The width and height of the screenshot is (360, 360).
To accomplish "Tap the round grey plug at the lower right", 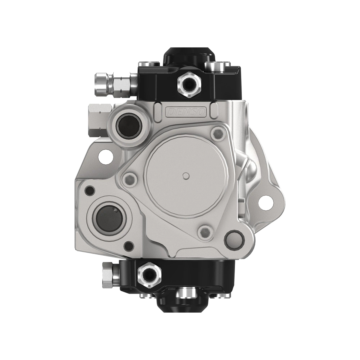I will [x=234, y=238].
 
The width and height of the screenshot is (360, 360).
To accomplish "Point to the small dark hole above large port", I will [x=89, y=190].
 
